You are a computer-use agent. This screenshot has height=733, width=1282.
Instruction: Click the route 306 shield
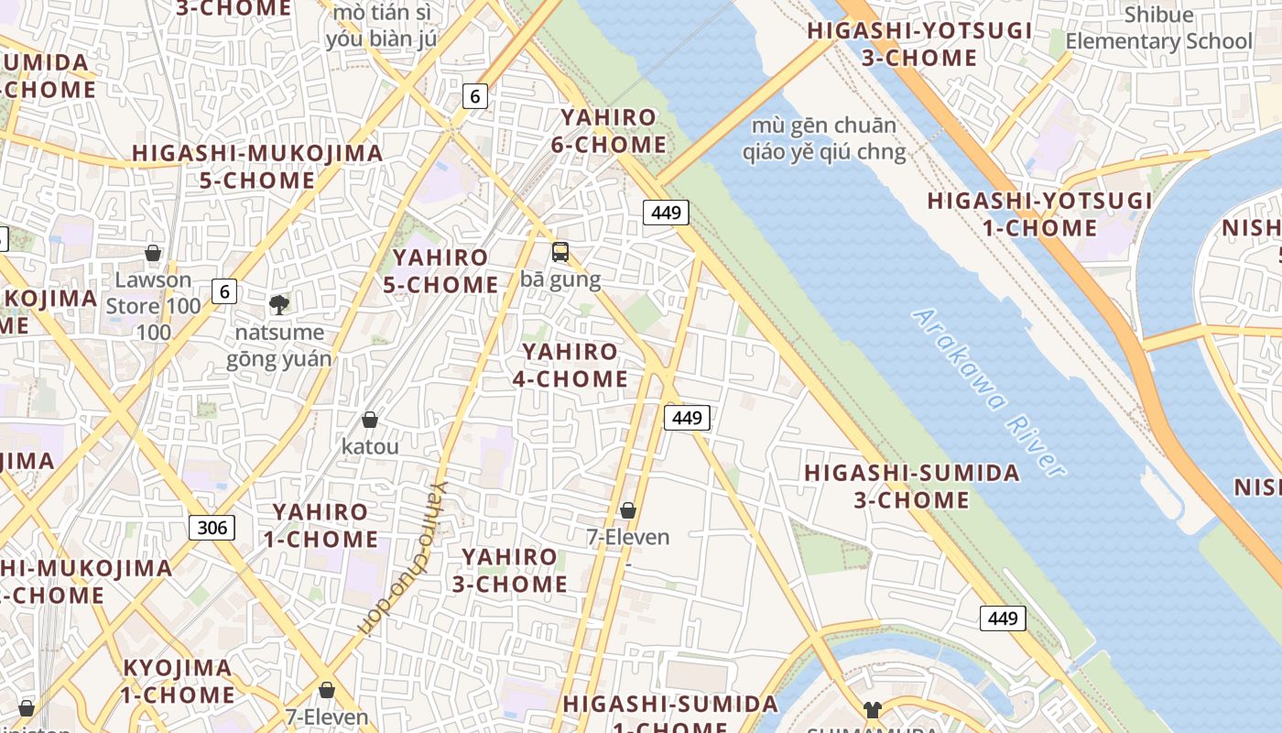(212, 527)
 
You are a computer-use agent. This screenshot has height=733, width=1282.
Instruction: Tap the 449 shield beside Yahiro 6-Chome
(666, 213)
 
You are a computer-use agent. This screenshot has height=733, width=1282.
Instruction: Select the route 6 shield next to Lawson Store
(223, 291)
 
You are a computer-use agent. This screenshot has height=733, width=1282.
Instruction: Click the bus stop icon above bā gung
(560, 251)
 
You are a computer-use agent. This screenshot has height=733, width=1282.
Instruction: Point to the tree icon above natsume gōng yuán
(278, 304)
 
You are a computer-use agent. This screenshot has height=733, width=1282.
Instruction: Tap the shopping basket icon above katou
(370, 420)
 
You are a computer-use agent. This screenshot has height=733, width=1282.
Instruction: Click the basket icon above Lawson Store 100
(153, 252)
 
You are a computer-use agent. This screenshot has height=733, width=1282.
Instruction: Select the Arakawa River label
(989, 392)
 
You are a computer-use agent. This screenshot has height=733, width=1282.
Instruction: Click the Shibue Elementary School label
(1158, 28)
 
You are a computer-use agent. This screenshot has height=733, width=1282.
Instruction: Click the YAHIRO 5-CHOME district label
(440, 271)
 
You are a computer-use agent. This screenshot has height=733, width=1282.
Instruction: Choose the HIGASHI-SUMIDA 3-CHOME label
(911, 487)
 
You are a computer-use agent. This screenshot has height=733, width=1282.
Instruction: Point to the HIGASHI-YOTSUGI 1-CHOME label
(1039, 213)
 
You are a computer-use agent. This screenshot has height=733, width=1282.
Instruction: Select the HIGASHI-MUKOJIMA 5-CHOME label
(257, 166)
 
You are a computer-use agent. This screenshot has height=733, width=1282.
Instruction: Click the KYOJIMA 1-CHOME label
(178, 681)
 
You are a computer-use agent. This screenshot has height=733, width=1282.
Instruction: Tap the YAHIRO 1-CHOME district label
(320, 525)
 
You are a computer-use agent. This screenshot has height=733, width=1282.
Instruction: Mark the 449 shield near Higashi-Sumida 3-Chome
(1003, 618)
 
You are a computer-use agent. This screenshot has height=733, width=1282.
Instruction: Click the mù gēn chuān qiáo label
(829, 138)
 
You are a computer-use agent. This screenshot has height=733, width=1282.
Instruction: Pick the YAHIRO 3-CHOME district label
(509, 570)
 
